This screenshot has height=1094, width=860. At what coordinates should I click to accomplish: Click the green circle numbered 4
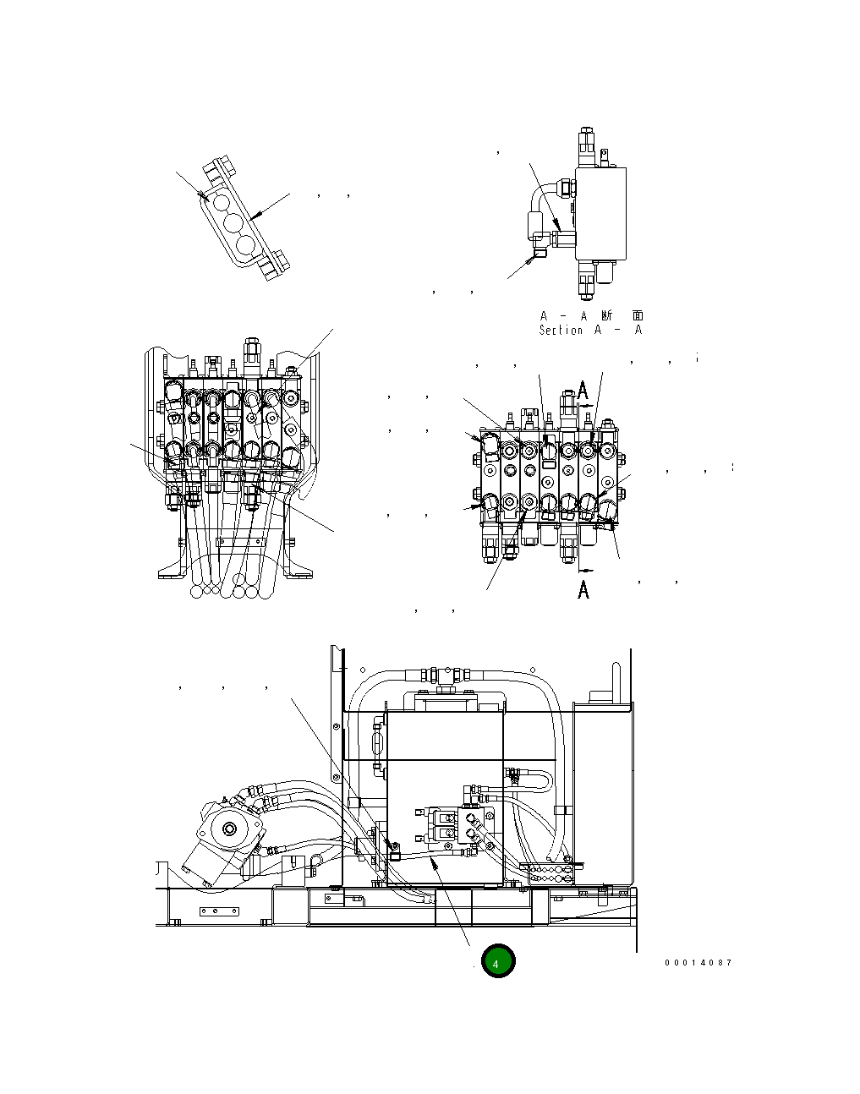(497, 962)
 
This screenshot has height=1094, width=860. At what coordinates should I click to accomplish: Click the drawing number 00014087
(698, 963)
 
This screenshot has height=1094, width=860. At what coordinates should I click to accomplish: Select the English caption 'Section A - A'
(590, 330)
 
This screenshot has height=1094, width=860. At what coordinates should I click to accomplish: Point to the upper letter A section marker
(584, 390)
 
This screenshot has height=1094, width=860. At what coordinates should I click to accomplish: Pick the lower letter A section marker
(583, 589)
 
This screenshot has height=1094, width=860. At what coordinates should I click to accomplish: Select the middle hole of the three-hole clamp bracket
(233, 224)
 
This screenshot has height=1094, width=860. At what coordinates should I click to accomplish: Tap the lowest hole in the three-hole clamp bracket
(245, 245)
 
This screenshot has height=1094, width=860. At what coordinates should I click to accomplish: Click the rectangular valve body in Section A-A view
(600, 213)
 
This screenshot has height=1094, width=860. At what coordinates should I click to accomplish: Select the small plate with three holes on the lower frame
(218, 911)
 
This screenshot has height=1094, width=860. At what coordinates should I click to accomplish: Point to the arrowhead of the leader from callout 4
(433, 859)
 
